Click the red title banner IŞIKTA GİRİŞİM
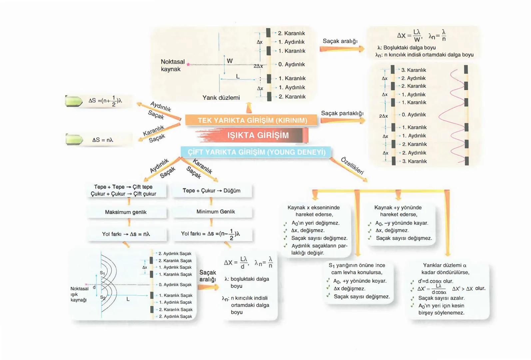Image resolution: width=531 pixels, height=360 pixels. [258, 135]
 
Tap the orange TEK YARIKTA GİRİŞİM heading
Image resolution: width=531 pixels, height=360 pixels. [252, 120]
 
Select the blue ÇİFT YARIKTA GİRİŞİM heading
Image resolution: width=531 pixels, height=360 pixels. [256, 152]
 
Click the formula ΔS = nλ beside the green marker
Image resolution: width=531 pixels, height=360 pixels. [103, 140]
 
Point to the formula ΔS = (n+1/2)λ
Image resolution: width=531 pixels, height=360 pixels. [105, 101]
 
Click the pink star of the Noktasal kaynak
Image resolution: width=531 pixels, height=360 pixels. [188, 64]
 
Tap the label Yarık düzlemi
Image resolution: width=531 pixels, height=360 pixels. [221, 98]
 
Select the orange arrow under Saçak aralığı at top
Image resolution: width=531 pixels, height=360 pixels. [342, 49]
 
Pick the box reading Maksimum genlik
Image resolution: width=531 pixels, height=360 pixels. [126, 212]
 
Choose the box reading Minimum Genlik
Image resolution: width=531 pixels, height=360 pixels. [216, 212]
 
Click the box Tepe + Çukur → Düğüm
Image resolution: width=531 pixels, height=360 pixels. [211, 191]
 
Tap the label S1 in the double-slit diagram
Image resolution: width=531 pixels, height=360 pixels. [103, 273]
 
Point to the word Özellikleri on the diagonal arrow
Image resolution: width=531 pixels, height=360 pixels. [352, 166]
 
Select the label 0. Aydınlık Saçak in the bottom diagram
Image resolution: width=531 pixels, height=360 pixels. [175, 285]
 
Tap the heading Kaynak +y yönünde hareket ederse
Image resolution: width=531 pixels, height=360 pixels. [398, 211]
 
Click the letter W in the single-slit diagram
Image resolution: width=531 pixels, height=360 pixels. [230, 61]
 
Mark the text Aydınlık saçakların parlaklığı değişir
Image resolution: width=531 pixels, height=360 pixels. [319, 249]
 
